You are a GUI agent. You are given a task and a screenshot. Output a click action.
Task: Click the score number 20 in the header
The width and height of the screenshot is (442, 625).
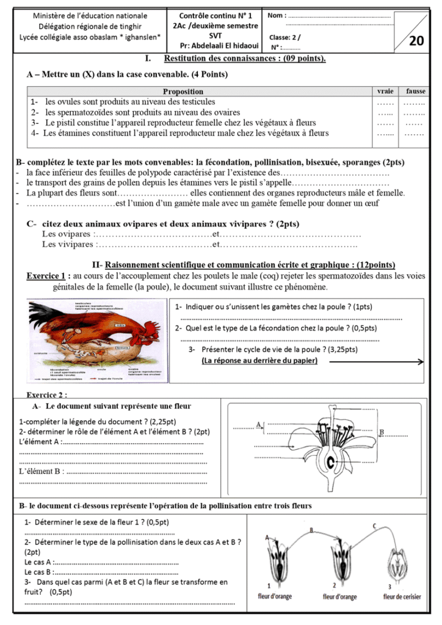point(416,41)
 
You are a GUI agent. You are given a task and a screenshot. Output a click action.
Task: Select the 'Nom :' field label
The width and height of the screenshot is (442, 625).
point(276,14)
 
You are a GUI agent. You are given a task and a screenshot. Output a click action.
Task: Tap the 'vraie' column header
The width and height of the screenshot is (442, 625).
point(386,91)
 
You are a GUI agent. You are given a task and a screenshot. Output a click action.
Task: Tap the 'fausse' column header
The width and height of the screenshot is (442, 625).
point(416,91)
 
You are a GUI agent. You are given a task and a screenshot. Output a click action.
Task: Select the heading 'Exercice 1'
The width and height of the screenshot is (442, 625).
point(46,275)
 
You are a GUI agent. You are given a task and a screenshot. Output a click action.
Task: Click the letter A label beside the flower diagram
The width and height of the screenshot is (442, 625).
point(259,424)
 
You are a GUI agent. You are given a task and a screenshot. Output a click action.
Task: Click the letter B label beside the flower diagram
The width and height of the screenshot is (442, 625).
point(382,432)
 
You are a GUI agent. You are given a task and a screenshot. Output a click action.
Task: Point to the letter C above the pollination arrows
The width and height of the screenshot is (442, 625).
point(374,526)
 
